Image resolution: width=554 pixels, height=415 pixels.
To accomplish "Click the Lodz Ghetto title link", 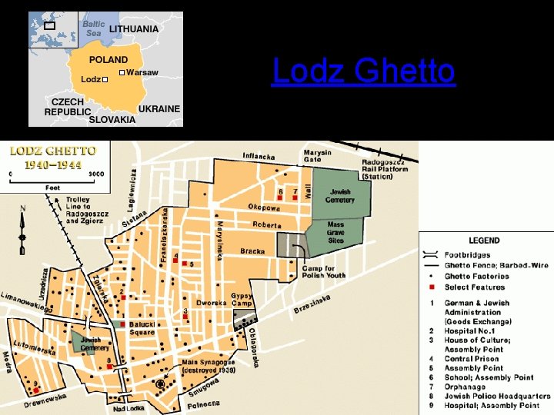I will [x=363, y=72].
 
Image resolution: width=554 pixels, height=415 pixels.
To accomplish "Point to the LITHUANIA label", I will [x=134, y=29].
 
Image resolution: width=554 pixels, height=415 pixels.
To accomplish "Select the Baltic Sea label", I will [x=94, y=28].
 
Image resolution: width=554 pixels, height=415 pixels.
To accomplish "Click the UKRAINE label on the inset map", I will [x=159, y=109].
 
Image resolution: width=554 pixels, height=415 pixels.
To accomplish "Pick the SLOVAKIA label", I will [x=112, y=120].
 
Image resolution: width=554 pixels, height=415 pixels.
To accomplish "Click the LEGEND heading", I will [x=484, y=241].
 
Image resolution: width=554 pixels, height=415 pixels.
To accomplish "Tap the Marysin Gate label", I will [x=317, y=156].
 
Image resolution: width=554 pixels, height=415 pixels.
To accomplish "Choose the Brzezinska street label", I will [x=312, y=304].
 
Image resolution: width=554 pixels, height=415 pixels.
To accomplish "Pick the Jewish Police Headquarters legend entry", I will [x=497, y=396].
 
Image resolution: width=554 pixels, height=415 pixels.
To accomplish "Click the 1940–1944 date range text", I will [x=52, y=164].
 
